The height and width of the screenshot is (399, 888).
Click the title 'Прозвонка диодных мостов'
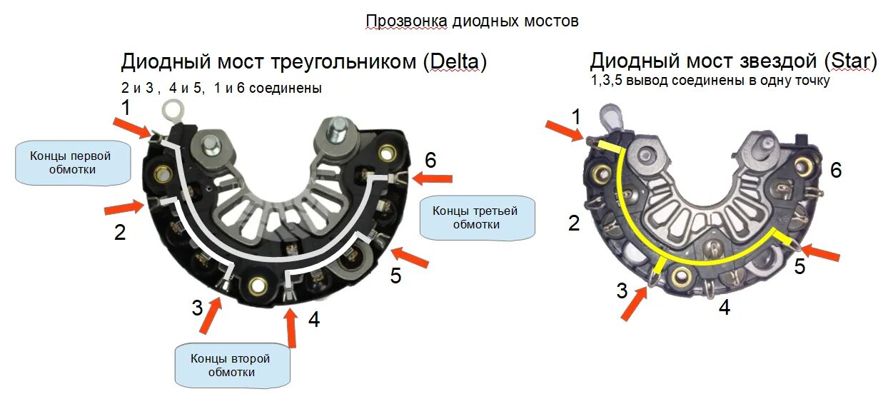[x=472, y=21]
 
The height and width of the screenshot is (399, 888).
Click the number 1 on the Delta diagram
[x=126, y=109]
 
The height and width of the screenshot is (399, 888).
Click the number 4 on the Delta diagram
[x=313, y=319]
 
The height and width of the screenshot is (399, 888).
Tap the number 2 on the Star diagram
[x=573, y=223]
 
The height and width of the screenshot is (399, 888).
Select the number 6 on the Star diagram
[x=836, y=170]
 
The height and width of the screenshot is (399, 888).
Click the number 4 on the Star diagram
[x=725, y=308]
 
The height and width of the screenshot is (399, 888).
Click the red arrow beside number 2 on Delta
[x=123, y=208]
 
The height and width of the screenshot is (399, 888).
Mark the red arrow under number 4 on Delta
[x=291, y=329]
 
